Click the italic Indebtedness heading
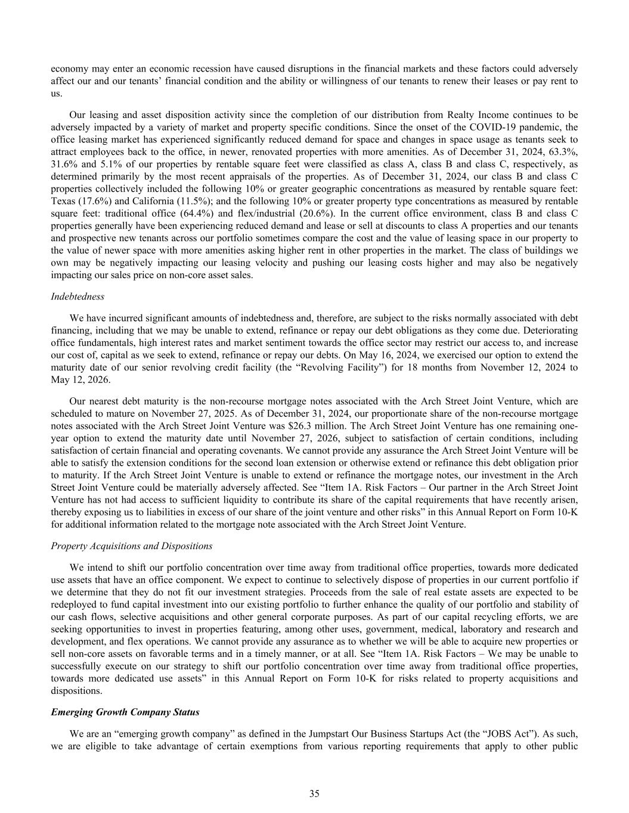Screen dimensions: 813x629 (x=78, y=297)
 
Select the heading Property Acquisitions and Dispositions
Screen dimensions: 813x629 (x=131, y=546)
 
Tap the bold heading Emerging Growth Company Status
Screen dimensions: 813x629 (x=125, y=712)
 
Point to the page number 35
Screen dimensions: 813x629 (x=314, y=793)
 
